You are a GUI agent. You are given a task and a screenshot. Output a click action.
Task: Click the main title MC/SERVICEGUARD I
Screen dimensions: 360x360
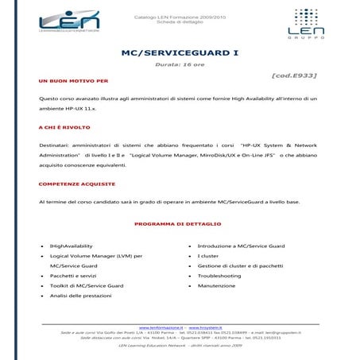tap(179, 53)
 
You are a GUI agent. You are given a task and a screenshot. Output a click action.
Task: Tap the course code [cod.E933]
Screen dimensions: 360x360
tap(294, 75)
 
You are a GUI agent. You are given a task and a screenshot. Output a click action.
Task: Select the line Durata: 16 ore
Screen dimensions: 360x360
tap(180, 64)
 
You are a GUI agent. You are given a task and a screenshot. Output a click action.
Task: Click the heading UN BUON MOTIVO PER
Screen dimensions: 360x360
tap(73, 82)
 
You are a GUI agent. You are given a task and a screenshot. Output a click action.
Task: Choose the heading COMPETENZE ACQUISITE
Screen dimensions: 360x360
tap(77, 184)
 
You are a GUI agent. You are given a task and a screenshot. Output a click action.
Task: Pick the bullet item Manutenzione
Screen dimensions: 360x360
tap(217, 285)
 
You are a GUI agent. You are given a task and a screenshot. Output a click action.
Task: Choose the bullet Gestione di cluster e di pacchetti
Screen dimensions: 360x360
tap(242, 265)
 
